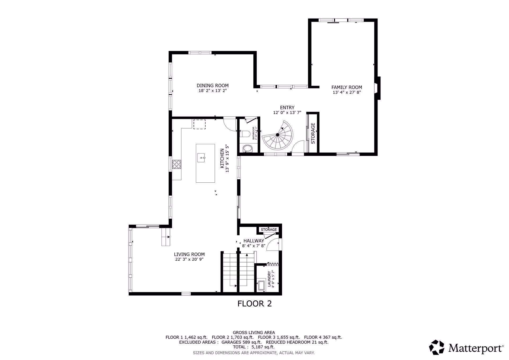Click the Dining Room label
click(212, 86)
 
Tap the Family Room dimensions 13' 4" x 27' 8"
click(347, 92)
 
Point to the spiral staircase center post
click(278, 135)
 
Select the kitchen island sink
click(202, 157)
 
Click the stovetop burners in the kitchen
click(177, 164)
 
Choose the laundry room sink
click(261, 286)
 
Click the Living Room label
click(189, 254)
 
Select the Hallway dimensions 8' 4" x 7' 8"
click(254, 246)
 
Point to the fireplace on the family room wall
click(378, 88)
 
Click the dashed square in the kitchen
click(199, 124)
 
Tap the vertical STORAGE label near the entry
click(313, 133)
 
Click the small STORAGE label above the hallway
click(269, 230)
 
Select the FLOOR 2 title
click(254, 304)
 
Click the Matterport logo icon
click(437, 347)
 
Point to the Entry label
click(287, 108)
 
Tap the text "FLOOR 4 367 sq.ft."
click(323, 337)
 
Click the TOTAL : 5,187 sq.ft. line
click(254, 347)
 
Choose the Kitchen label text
click(222, 158)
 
